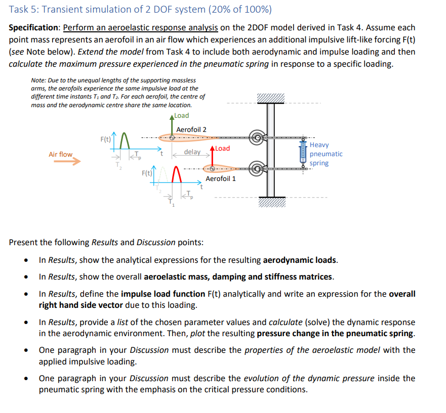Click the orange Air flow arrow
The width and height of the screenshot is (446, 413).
pyautogui.click(x=67, y=162)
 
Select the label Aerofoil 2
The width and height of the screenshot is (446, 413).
pyautogui.click(x=191, y=129)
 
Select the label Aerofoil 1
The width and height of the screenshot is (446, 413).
pyautogui.click(x=221, y=178)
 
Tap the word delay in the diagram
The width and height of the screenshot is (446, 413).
pyautogui.click(x=192, y=152)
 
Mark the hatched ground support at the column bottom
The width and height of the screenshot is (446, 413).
pyautogui.click(x=271, y=202)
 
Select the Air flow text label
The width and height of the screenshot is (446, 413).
pyautogui.click(x=60, y=154)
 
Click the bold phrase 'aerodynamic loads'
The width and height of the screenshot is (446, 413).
pyautogui.click(x=300, y=260)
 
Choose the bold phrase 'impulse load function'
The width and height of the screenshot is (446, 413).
pyautogui.click(x=164, y=294)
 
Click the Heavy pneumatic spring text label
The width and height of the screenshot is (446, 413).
pyautogui.click(x=326, y=154)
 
